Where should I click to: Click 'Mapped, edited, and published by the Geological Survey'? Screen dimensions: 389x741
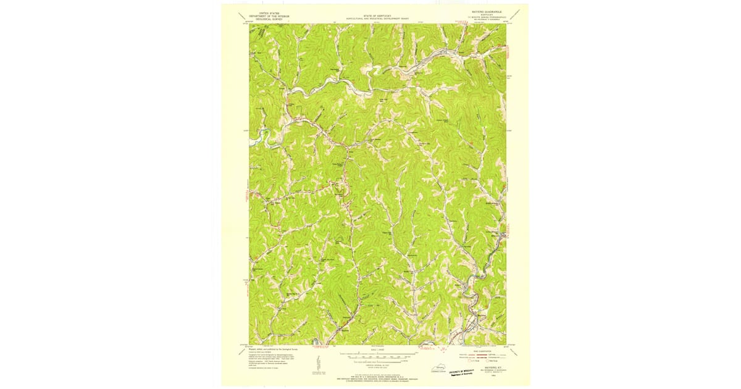point(272,348)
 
